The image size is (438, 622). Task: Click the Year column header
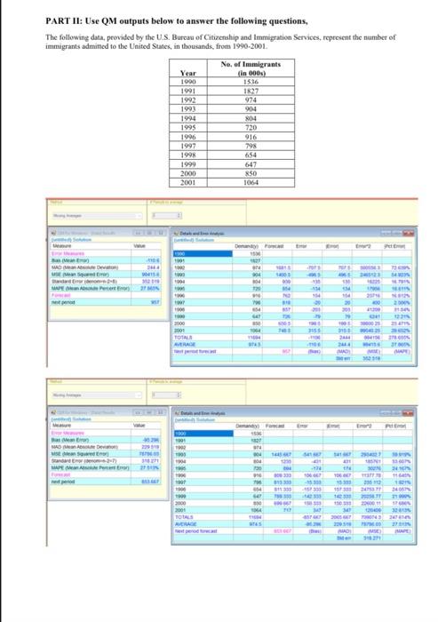[188, 73]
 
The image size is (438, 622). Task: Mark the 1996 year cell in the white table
[188, 136]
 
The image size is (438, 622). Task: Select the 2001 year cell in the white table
[188, 181]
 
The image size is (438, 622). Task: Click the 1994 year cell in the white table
[188, 118]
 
